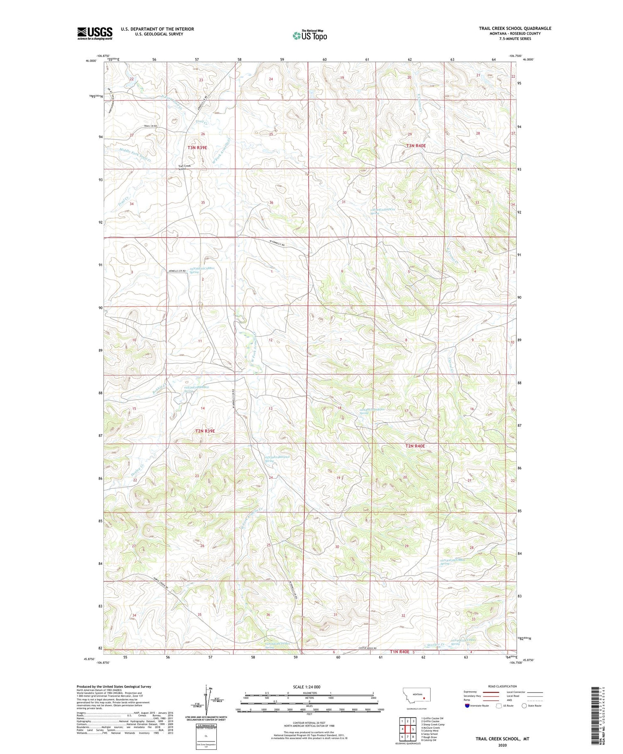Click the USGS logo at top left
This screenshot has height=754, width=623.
tap(95, 33)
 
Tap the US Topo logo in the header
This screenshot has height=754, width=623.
tap(309, 36)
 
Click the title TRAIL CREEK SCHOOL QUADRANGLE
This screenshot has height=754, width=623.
tap(515, 28)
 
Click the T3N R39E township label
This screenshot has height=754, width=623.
tap(197, 147)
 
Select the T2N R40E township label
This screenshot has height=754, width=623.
tap(415, 446)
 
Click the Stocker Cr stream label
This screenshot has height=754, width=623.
tap(436, 645)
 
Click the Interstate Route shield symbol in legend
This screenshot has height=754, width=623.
tap(467, 705)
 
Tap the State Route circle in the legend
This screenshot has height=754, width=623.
tap(525, 705)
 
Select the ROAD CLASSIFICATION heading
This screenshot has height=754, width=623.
tap(503, 686)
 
